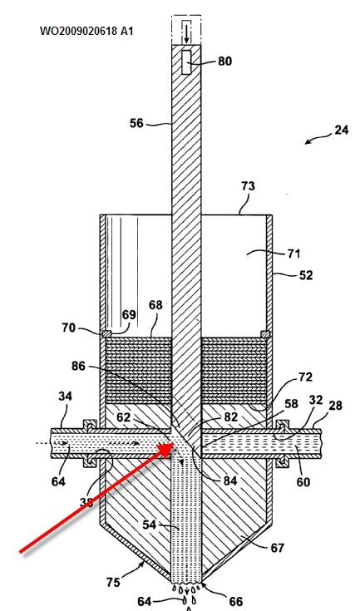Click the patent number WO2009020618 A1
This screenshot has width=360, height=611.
(x=86, y=31)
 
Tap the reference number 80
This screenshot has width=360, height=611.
(x=224, y=62)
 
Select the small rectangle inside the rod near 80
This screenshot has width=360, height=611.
(x=186, y=62)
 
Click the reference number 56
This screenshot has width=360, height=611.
(x=136, y=123)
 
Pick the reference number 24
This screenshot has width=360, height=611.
(x=342, y=130)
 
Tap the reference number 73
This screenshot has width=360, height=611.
(x=248, y=186)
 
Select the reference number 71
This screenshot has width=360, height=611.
(x=293, y=254)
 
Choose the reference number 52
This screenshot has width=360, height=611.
(x=306, y=275)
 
